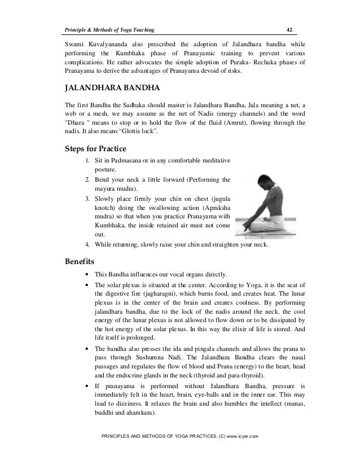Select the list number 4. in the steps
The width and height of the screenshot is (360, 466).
(87, 245)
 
